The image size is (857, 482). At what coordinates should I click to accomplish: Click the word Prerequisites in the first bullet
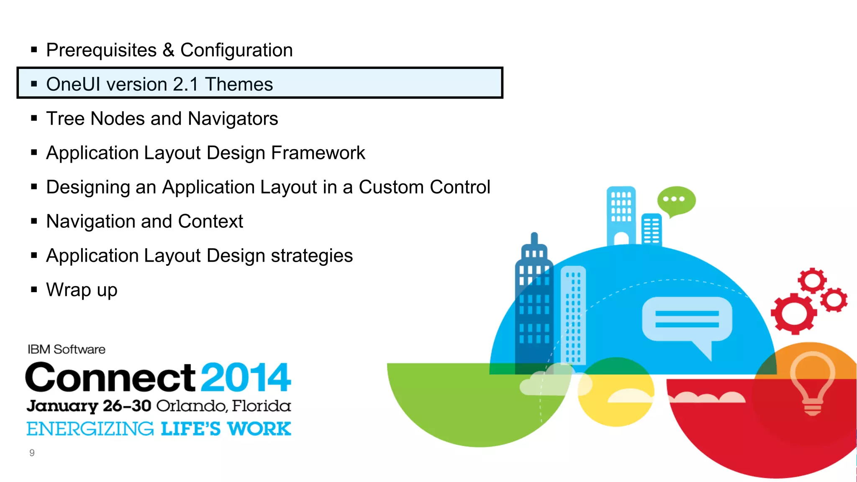click(x=101, y=51)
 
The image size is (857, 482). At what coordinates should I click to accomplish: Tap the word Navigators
click(x=233, y=119)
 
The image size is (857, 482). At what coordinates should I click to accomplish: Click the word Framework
click(x=318, y=153)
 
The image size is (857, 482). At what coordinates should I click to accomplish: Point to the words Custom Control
click(x=424, y=187)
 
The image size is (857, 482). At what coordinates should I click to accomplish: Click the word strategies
click(x=311, y=256)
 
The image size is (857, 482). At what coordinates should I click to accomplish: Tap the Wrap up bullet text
click(x=82, y=290)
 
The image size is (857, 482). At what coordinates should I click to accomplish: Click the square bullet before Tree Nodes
click(x=34, y=118)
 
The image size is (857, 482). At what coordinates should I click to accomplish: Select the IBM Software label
click(x=66, y=349)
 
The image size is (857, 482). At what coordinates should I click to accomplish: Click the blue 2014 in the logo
click(x=246, y=377)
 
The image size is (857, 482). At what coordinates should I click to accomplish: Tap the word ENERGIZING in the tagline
click(x=90, y=429)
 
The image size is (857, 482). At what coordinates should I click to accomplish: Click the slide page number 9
click(x=32, y=453)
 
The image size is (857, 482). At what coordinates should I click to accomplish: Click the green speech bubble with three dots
click(x=676, y=200)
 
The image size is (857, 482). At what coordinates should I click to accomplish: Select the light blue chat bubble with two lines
click(x=687, y=320)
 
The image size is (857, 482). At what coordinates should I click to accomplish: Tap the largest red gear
click(x=793, y=314)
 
